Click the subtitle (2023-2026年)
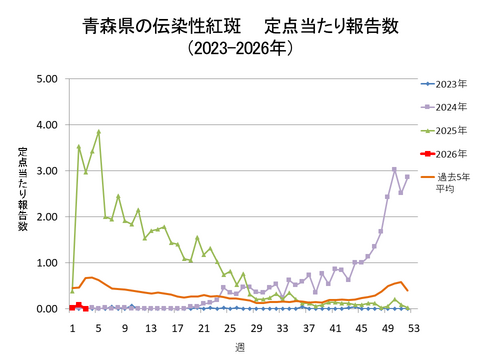coord(240,48)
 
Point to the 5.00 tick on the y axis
coord(46,79)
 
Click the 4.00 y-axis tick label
coord(46,125)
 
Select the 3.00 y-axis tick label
coord(46,171)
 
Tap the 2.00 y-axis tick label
coord(46,217)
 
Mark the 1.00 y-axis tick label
coord(46,263)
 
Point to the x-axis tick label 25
coord(230,326)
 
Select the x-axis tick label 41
coord(335,326)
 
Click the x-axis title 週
coord(240,345)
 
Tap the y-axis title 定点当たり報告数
coord(22,190)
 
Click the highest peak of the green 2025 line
coord(99,131)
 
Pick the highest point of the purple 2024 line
coord(394,169)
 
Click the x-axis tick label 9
coord(125,326)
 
